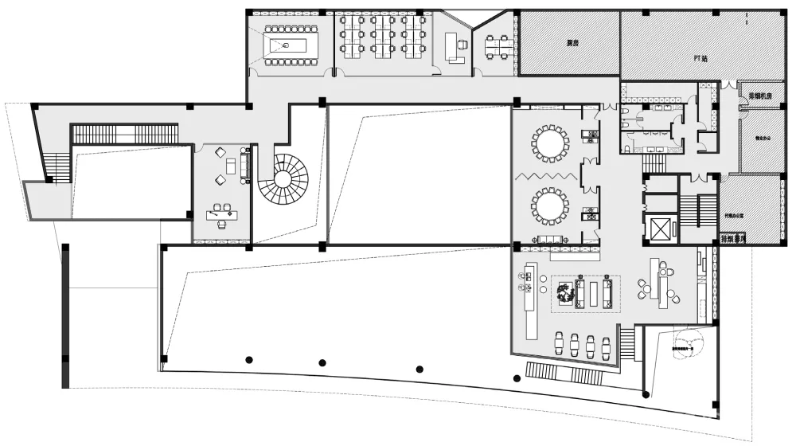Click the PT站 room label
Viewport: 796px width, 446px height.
tap(700, 59)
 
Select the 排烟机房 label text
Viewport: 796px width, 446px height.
tap(761, 97)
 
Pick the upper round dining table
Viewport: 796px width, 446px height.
tap(550, 143)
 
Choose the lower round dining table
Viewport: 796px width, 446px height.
tap(550, 206)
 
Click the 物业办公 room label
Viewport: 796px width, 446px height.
tap(761, 136)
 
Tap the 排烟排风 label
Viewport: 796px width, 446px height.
tap(732, 238)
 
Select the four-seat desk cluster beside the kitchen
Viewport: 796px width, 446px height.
tap(499, 46)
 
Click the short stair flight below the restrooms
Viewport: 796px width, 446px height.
tap(654, 162)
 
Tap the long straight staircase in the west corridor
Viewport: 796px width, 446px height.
tap(124, 134)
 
